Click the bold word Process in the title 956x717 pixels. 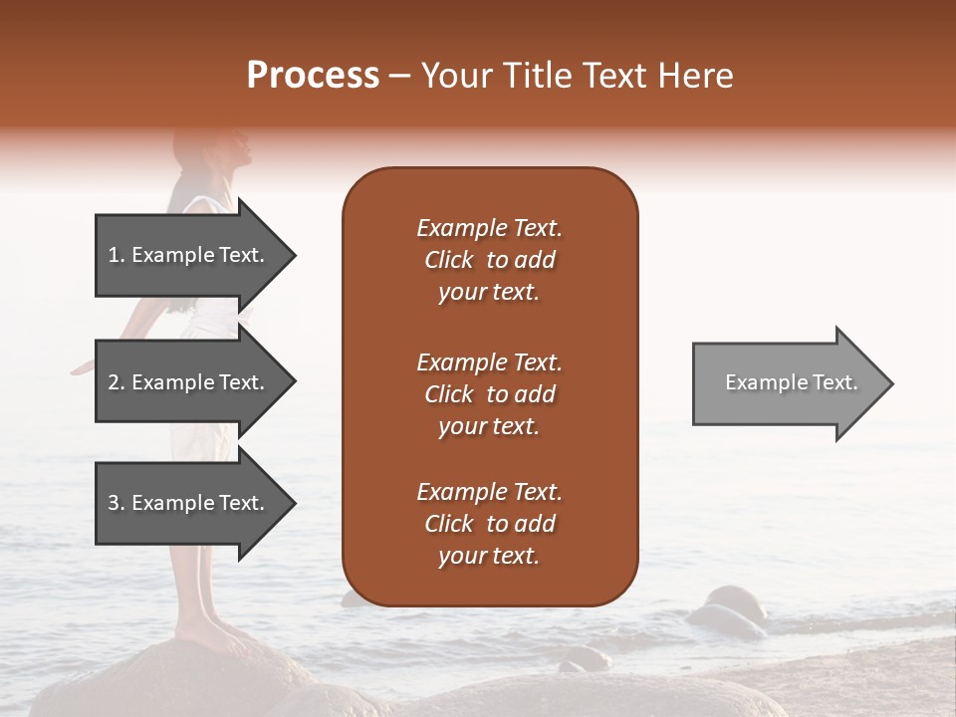pos(313,76)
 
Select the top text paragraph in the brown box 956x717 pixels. pos(489,260)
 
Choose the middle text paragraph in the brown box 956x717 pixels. pos(489,394)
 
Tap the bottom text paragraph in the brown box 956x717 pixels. pos(489,524)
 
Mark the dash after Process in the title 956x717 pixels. pos(400,77)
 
